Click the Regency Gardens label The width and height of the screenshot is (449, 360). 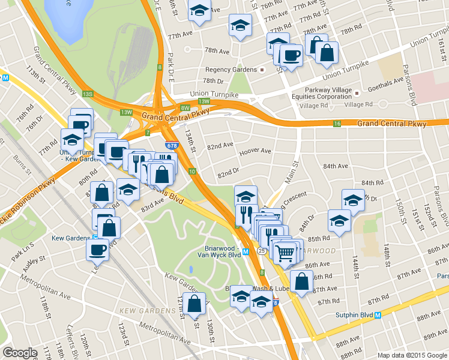click(231, 70)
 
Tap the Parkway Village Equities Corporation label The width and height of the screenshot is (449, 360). click(317, 92)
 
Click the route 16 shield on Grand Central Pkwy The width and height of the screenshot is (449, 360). click(337, 124)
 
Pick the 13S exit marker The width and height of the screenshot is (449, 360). click(88, 94)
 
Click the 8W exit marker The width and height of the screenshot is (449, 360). click(184, 108)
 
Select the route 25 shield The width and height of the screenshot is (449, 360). click(262, 250)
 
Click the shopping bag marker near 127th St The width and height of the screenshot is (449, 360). click(195, 304)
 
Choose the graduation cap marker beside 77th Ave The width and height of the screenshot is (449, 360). click(240, 26)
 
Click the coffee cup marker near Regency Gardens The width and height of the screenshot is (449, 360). click(292, 56)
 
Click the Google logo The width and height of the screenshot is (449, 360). click(20, 353)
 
